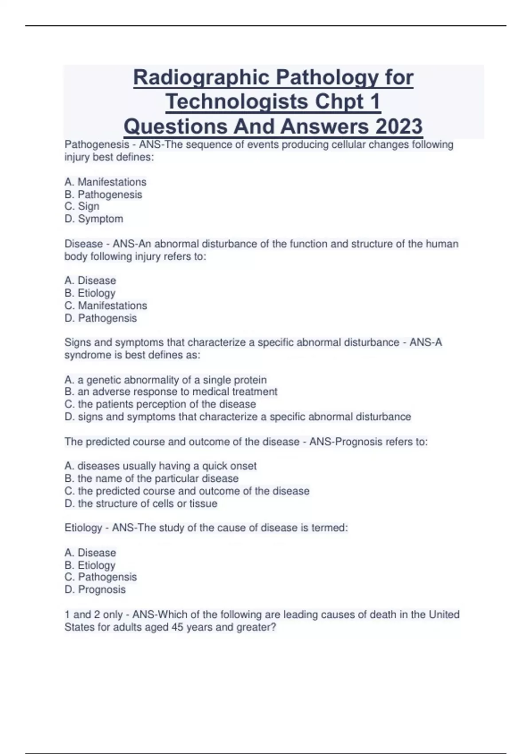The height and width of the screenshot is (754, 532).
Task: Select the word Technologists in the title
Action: click(x=237, y=102)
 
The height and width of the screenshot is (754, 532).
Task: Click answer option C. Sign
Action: click(x=82, y=207)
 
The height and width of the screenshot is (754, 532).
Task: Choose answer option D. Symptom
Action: click(x=94, y=219)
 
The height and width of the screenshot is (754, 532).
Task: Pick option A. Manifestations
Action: click(x=106, y=182)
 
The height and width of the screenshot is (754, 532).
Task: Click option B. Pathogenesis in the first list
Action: click(x=103, y=195)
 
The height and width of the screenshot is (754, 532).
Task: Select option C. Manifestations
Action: click(x=106, y=306)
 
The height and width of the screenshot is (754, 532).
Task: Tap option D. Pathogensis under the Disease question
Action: click(x=101, y=318)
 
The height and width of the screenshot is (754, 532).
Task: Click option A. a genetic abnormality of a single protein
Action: click(x=166, y=380)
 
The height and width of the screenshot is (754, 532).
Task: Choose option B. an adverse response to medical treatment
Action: click(x=171, y=392)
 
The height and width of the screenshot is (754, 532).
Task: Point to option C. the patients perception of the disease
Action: click(x=160, y=404)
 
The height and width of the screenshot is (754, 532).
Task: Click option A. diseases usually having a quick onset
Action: click(x=160, y=466)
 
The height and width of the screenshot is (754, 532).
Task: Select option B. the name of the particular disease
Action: click(x=152, y=479)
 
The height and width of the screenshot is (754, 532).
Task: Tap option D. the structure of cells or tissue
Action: click(x=141, y=504)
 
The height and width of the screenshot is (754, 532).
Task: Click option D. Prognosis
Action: click(x=95, y=590)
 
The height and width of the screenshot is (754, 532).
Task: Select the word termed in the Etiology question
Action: click(x=329, y=528)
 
